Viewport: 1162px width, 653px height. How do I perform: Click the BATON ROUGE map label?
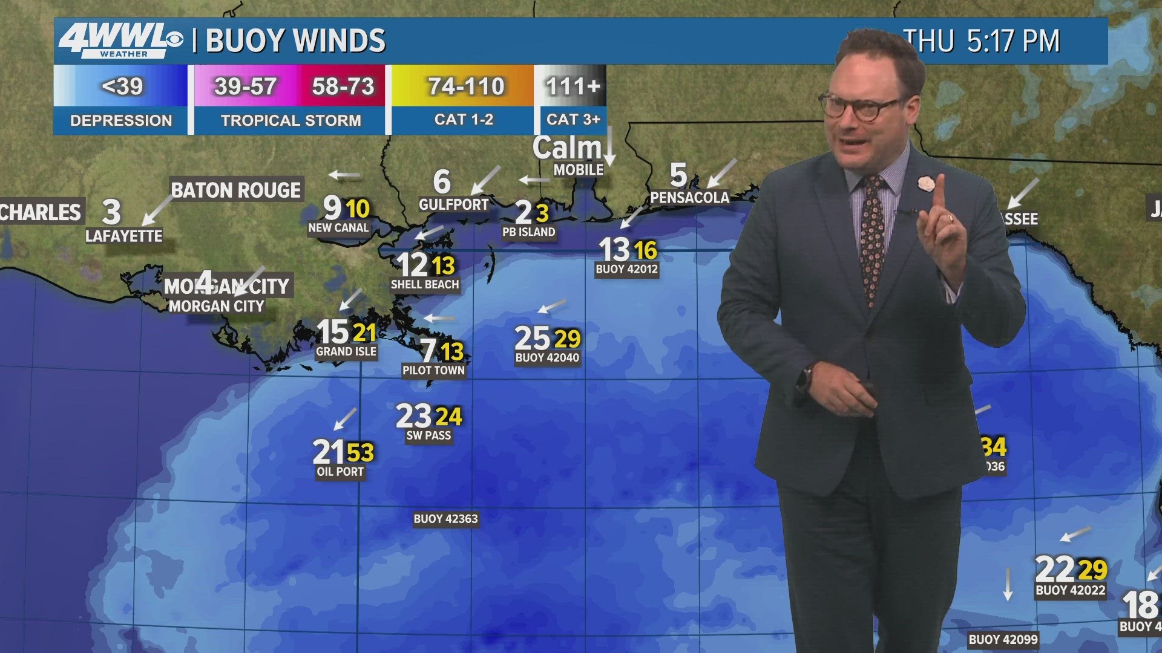coord(236,190)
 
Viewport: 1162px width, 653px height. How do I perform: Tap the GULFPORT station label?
coord(453,205)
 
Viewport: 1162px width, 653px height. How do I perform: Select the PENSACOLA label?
coord(689,198)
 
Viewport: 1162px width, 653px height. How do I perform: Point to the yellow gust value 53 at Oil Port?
coord(361,452)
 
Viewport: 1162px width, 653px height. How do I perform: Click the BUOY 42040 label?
coord(547,358)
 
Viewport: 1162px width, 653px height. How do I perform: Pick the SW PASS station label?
coord(428,435)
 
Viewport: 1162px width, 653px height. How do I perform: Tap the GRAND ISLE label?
coord(346,352)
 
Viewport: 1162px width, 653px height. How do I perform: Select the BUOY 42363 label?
coord(445,519)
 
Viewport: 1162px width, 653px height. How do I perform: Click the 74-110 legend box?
coord(465,86)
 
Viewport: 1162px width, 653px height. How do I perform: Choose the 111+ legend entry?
coord(573,86)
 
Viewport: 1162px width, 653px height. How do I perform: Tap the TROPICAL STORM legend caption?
coord(290,120)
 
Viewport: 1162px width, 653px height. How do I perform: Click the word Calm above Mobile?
coord(566,148)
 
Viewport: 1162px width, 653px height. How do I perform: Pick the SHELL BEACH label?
coord(425,285)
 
